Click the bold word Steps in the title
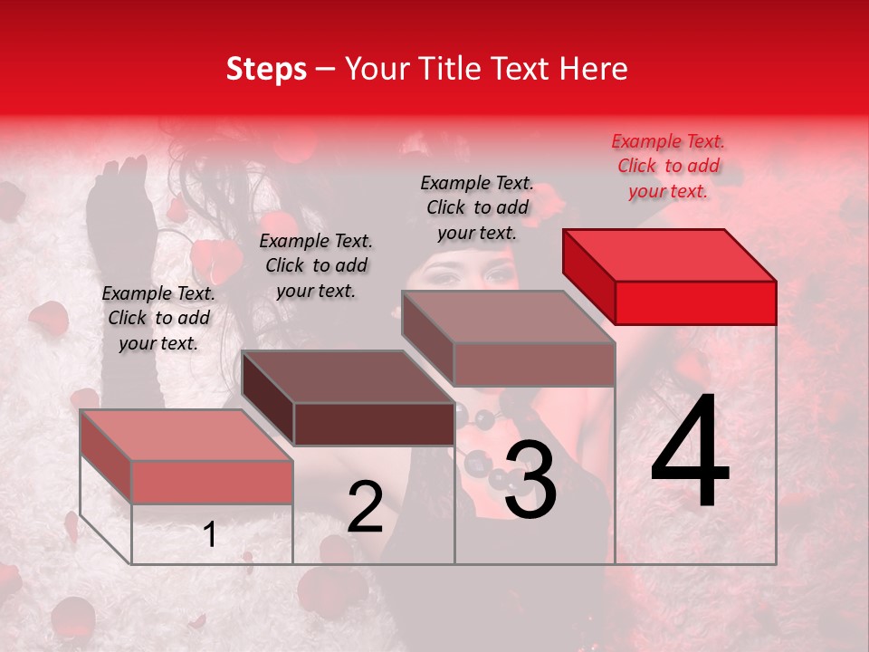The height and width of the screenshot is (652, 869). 266,69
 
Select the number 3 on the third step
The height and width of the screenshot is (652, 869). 530,480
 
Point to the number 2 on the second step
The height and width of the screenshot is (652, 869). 365,508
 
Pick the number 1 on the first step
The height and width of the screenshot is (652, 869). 210,535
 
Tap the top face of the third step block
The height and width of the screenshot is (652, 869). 508,317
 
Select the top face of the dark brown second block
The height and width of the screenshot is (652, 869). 348,377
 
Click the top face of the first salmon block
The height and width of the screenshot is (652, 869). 186,436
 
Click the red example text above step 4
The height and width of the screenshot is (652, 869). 668,166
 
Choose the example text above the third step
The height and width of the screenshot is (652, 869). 477,207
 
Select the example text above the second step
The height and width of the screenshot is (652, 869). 315,265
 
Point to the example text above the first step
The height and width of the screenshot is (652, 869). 158,318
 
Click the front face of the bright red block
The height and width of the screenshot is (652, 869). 695,302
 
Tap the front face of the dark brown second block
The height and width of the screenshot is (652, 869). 374,424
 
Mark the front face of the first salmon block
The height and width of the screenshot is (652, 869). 213,482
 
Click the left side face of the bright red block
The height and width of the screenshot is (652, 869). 588,272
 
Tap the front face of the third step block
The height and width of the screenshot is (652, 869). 534,364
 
